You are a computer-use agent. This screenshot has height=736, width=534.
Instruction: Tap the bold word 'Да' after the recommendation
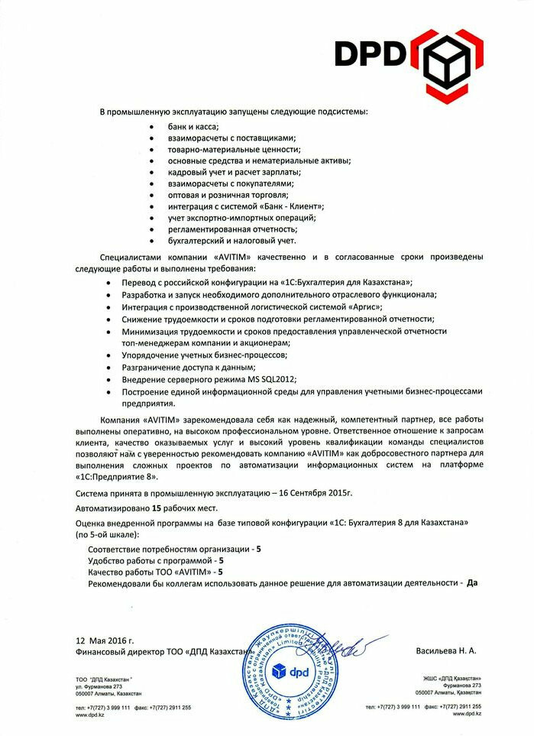coord(471,582)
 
